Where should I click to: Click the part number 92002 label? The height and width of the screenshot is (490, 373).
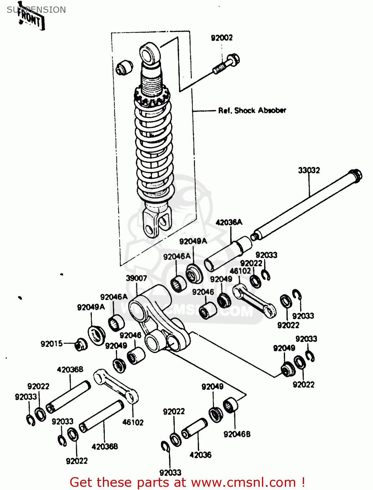tap(222, 38)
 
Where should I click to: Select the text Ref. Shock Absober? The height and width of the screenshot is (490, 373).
tap(252, 110)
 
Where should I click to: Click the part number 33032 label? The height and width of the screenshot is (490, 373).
tap(309, 170)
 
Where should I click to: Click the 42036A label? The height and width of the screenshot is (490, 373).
tap(229, 222)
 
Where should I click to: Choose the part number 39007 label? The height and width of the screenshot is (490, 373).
tap(136, 278)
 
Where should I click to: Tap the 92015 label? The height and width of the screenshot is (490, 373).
tap(52, 344)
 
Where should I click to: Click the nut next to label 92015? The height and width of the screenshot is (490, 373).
tap(80, 345)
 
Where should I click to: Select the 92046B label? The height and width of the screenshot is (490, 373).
tap(237, 434)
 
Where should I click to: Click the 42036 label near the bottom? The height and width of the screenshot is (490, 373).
tap(200, 455)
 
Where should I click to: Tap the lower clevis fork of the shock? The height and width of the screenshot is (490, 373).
tap(157, 222)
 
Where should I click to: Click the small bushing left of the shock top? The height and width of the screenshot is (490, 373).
tap(124, 67)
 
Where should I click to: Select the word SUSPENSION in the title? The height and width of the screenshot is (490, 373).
tap(36, 10)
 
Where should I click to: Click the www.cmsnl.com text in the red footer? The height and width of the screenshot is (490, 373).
tap(243, 482)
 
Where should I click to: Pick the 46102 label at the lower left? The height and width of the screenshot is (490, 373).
tap(133, 422)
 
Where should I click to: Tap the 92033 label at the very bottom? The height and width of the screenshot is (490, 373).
tap(170, 473)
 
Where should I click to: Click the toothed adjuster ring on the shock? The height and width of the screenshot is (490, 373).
tap(152, 96)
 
